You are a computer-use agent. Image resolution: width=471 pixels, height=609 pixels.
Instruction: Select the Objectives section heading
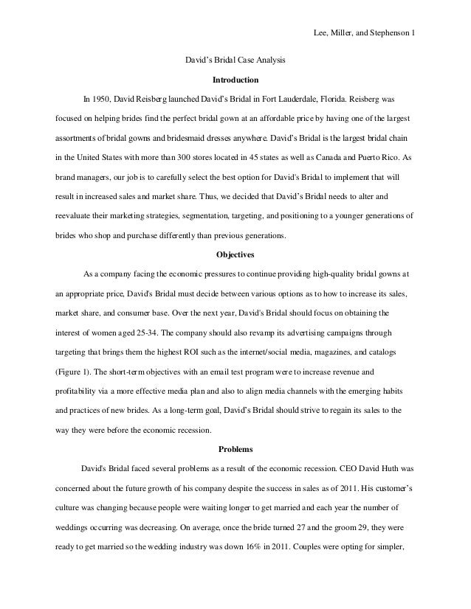235,255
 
